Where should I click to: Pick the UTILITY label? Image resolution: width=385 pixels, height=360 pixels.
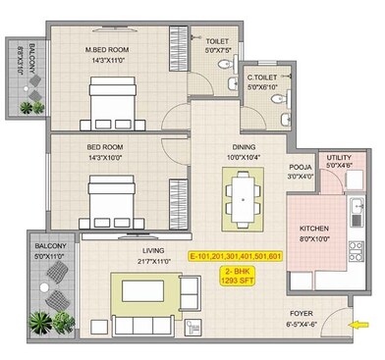pos(340,157)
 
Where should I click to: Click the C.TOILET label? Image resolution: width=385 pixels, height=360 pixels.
pos(261,77)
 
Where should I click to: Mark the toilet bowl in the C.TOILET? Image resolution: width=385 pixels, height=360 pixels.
pos(284,119)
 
